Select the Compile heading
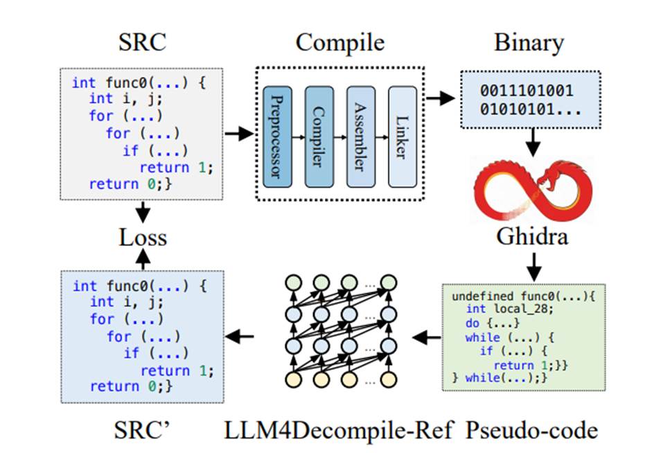point(339,43)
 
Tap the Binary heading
point(529,43)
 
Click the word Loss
point(141,238)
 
